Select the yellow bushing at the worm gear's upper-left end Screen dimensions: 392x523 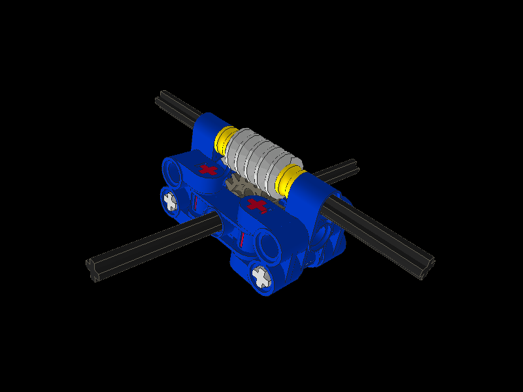tap(225, 139)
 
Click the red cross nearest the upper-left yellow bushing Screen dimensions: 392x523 tap(208, 169)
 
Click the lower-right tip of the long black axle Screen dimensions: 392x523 tap(428, 268)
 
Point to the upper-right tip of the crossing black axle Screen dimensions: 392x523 tap(353, 165)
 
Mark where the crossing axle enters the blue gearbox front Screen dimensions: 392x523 tap(219, 224)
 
